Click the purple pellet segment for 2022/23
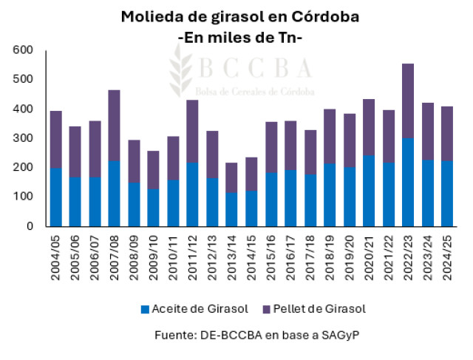click(x=407, y=101)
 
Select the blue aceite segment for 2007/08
click(x=114, y=193)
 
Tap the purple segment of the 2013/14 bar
click(x=232, y=178)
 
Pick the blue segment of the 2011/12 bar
click(x=192, y=194)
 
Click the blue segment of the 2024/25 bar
click(x=447, y=194)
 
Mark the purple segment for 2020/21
click(x=368, y=127)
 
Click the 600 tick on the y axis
click(x=23, y=50)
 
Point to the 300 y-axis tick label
click(x=23, y=138)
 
